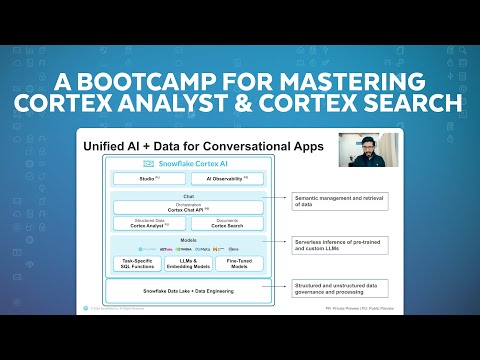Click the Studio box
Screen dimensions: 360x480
[149, 178]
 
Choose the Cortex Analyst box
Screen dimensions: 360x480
[149, 225]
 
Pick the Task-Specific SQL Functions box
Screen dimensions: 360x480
[135, 262]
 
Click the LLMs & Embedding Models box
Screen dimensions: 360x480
[188, 262]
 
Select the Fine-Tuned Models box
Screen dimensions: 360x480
[240, 262]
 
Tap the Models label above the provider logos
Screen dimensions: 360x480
[188, 239]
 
